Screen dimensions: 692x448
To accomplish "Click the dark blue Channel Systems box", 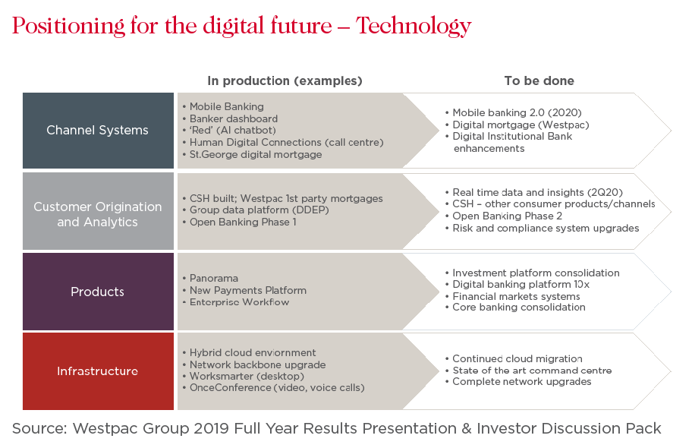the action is click(98, 131).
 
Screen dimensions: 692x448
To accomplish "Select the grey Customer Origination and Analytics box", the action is click(98, 211).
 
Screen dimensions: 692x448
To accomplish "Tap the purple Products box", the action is click(98, 292).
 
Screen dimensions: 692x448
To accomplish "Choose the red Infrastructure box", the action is click(98, 371).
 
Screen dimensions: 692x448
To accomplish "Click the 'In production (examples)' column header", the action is click(285, 80).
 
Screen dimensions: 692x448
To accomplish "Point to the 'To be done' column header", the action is click(539, 80).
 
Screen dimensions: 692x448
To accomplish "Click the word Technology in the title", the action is click(414, 27).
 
